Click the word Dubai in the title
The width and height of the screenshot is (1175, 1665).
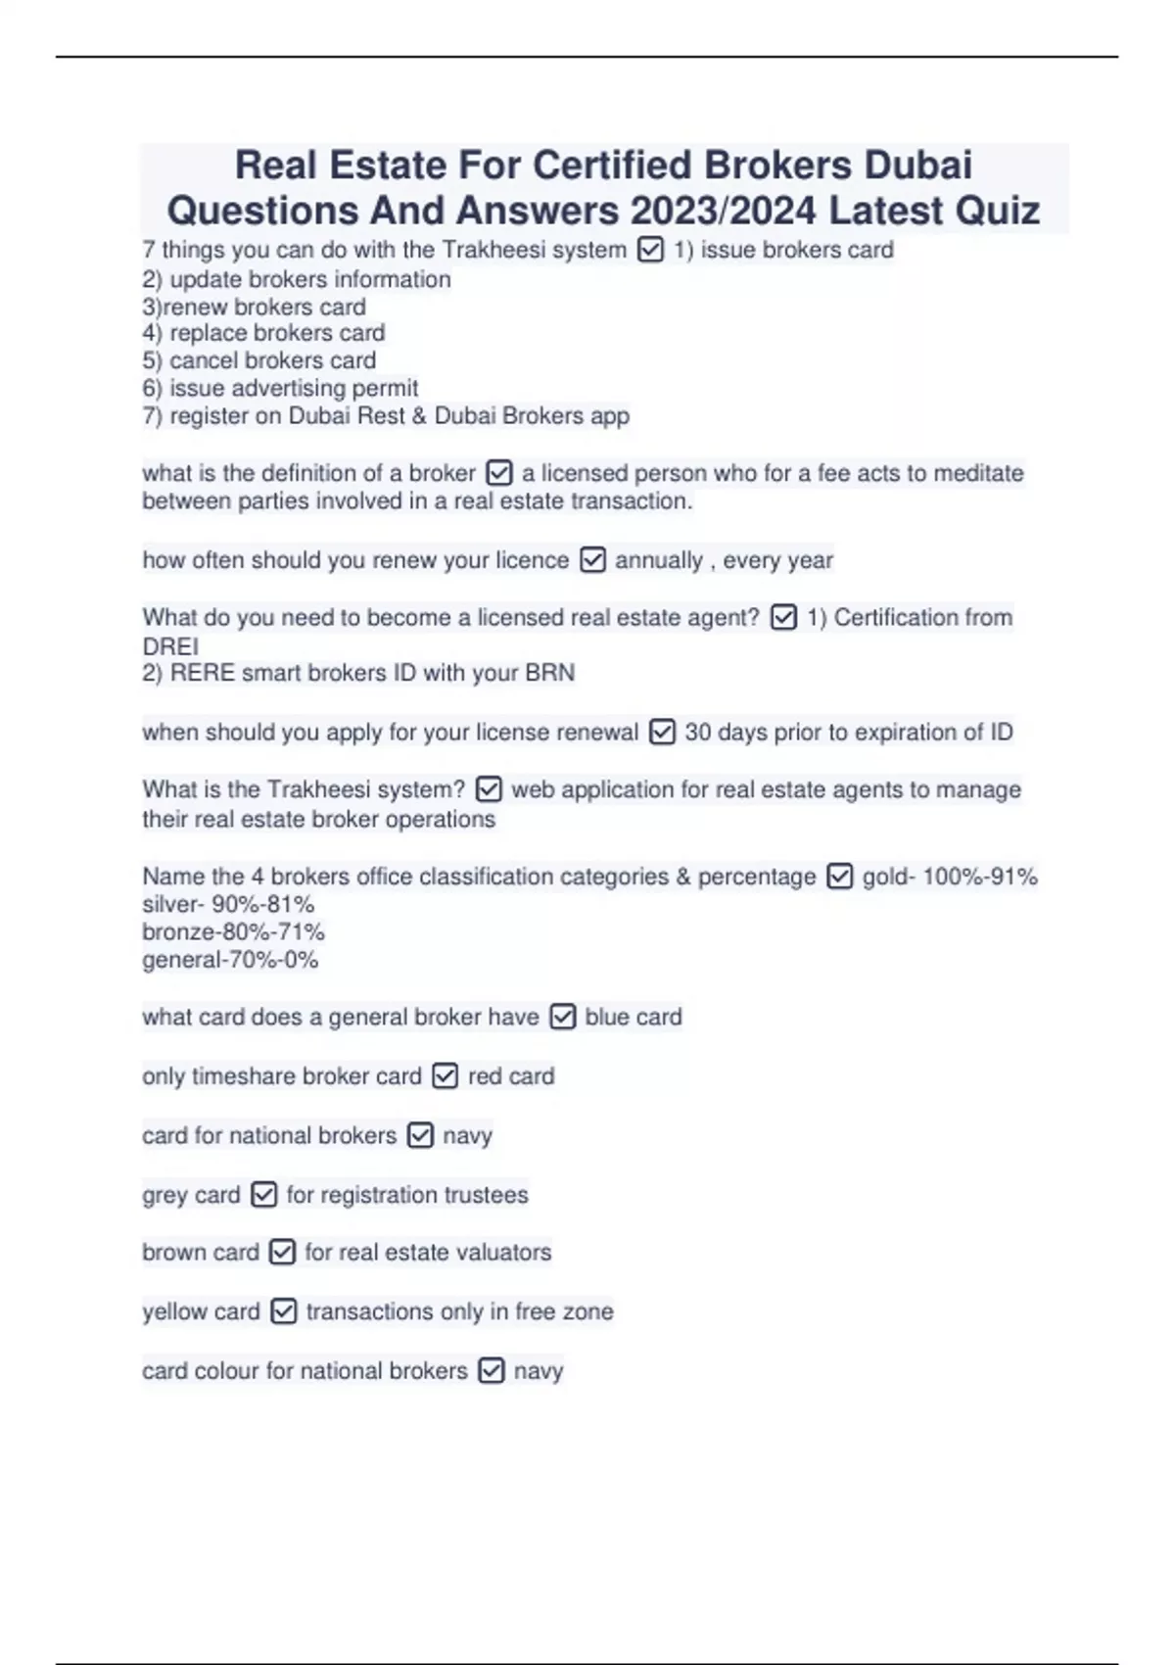click(917, 165)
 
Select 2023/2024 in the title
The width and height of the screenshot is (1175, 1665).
click(724, 211)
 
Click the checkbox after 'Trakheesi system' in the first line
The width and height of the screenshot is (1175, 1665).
click(650, 251)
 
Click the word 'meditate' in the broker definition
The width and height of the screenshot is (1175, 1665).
click(978, 473)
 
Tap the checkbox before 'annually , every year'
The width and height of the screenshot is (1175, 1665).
click(592, 560)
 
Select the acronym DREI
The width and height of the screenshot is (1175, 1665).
click(170, 646)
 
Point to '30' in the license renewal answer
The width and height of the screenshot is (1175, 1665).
click(697, 732)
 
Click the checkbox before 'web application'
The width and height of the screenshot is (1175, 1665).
click(488, 789)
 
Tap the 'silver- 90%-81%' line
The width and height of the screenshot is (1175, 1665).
click(228, 904)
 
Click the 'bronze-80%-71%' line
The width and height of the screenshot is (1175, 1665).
click(233, 931)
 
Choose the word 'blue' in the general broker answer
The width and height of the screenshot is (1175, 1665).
click(607, 1018)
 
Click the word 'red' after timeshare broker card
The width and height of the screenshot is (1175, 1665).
click(484, 1076)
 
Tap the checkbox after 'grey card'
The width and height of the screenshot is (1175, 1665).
click(263, 1195)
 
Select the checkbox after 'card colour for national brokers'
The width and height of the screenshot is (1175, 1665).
click(491, 1370)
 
